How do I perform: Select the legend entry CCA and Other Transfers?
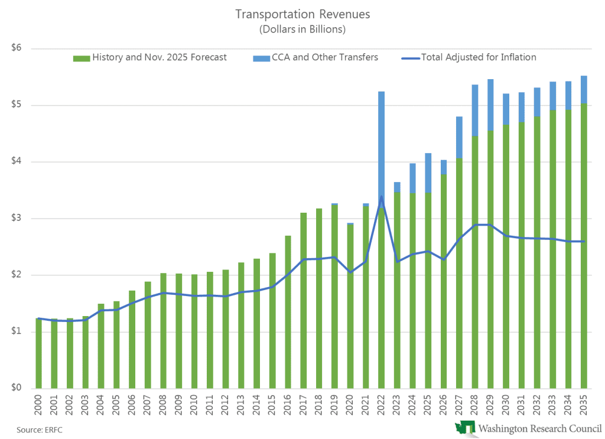point(323,57)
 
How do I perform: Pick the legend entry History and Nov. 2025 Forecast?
point(159,57)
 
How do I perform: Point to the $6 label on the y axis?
point(16,48)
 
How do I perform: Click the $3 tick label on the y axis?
point(16,219)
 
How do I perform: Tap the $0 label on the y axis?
point(16,388)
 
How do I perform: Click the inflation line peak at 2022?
point(381,197)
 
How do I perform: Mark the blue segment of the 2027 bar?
point(459,137)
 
